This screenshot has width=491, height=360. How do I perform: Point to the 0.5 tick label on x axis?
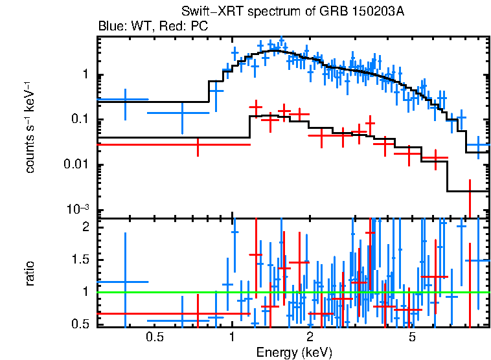pos(154,337)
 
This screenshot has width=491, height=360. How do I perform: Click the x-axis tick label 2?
pos(310,337)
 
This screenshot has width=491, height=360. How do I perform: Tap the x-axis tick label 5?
pos(412,337)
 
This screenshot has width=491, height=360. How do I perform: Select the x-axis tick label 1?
pos(232,337)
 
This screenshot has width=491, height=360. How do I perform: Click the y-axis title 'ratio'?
pos(30,274)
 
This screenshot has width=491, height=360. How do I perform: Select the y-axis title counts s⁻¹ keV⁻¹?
pos(30,126)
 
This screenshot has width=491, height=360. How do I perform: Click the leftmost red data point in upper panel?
pos(197,144)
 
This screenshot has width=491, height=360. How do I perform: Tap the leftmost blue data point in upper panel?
pos(125,99)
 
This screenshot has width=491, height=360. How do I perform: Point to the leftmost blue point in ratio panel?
pos(125,282)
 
